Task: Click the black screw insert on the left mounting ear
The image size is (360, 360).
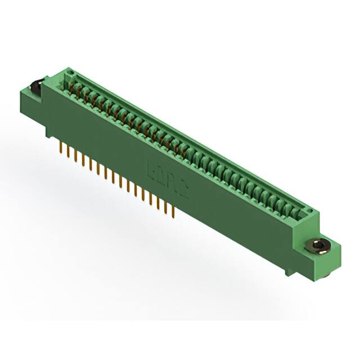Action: pyautogui.click(x=34, y=88)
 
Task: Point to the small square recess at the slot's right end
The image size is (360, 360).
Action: pyautogui.click(x=307, y=212)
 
